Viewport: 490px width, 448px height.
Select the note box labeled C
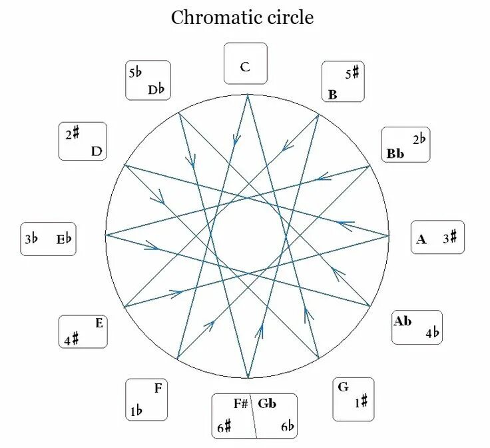[245, 65]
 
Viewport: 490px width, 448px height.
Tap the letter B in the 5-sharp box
[333, 94]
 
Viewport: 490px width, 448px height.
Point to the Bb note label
[395, 154]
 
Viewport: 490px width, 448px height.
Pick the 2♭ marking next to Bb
[419, 139]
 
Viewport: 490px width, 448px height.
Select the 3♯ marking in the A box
[450, 237]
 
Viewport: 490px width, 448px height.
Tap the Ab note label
[403, 321]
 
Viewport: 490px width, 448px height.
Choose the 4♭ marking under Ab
[433, 333]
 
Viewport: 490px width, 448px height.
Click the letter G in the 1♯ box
[344, 387]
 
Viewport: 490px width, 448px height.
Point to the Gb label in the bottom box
[267, 404]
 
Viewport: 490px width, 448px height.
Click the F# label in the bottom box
[240, 404]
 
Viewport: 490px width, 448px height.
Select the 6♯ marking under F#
[224, 427]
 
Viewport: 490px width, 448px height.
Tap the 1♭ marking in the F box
[136, 411]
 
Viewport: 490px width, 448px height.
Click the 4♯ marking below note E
[71, 339]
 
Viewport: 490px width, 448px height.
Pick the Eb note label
[64, 239]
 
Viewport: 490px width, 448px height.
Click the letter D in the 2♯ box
[97, 151]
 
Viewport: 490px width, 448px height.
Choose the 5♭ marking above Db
[136, 71]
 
